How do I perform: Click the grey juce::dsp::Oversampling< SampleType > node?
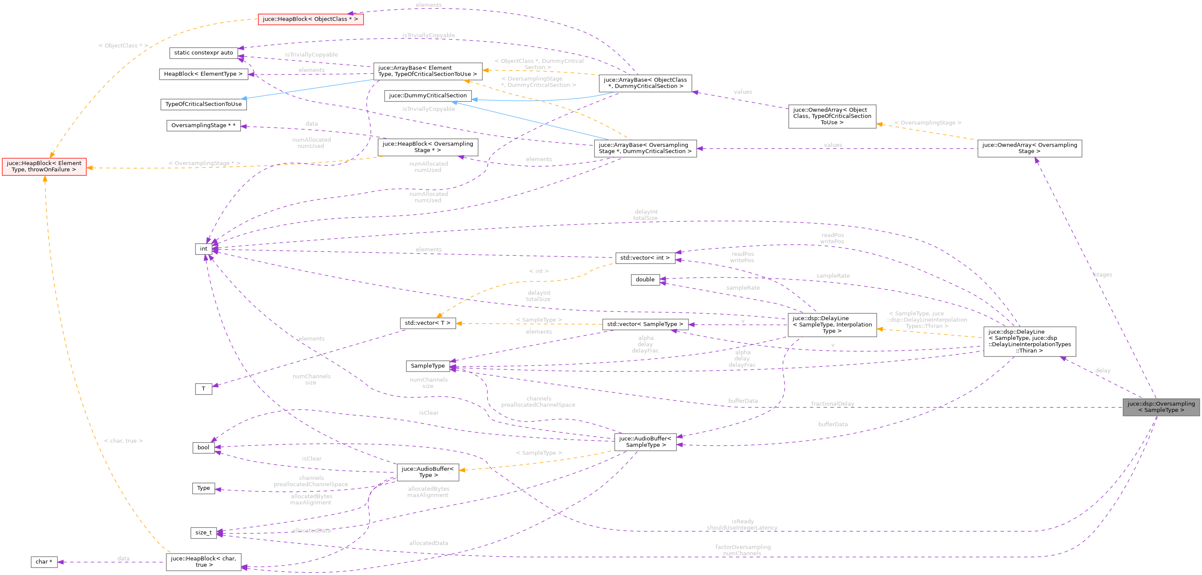click(1160, 407)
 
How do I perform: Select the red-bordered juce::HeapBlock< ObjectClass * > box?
click(310, 19)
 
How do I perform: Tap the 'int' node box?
click(204, 249)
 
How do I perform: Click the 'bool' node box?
click(204, 447)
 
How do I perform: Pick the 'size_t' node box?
click(204, 533)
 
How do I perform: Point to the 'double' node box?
click(645, 279)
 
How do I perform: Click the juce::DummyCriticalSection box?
click(427, 96)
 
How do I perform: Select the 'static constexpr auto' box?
click(204, 53)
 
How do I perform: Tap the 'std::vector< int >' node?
click(644, 258)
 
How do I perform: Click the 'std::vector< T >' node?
click(427, 323)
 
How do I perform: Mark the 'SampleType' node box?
click(427, 365)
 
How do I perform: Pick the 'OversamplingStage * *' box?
click(204, 126)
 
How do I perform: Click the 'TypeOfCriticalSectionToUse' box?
click(204, 104)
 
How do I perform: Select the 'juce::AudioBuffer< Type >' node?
click(427, 472)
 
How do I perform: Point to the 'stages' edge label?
click(1103, 275)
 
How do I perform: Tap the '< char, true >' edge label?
click(123, 441)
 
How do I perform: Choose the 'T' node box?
click(204, 389)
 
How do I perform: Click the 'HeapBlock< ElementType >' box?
click(204, 74)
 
